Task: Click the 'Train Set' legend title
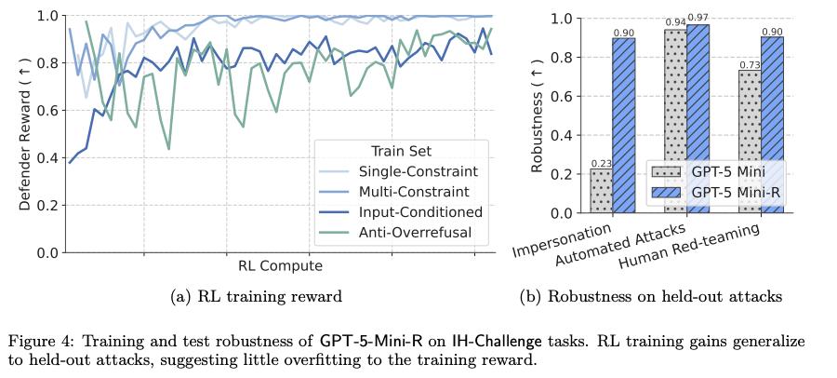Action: coord(401,151)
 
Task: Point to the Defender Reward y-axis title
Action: coord(26,133)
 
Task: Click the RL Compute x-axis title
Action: coord(280,266)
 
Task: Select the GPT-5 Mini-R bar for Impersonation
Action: coord(624,126)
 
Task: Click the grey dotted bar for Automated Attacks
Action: coord(675,121)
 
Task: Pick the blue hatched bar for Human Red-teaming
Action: coord(772,126)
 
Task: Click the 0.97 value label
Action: coord(697,20)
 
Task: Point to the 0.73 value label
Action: coord(750,65)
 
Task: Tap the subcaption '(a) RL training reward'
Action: coord(257,297)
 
